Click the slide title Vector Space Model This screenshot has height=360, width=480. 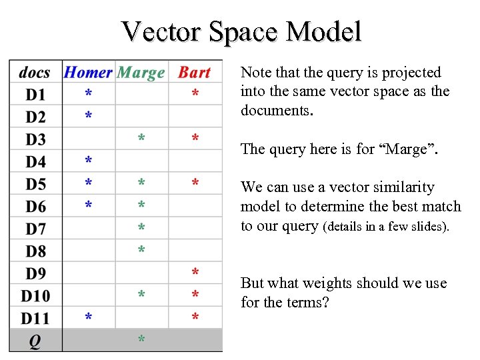241,31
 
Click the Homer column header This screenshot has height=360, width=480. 88,73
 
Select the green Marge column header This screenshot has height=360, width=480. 141,73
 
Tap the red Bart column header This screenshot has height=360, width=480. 194,73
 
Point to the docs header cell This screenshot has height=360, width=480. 35,73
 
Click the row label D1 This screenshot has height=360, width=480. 35,95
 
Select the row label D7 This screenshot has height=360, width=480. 35,229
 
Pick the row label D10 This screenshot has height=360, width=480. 35,296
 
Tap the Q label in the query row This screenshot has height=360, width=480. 35,341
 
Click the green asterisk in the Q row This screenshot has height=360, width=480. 141,341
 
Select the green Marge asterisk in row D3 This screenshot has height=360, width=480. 141,139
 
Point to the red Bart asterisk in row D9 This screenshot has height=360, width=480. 195,273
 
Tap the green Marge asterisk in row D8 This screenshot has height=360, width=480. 141,251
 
